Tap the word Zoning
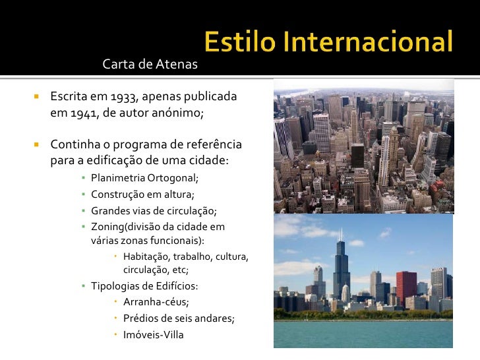[x=107, y=227]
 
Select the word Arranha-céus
[x=156, y=302]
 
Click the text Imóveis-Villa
[x=154, y=334]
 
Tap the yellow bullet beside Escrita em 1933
[x=38, y=97]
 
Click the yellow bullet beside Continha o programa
[x=38, y=144]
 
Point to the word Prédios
[x=141, y=318]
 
